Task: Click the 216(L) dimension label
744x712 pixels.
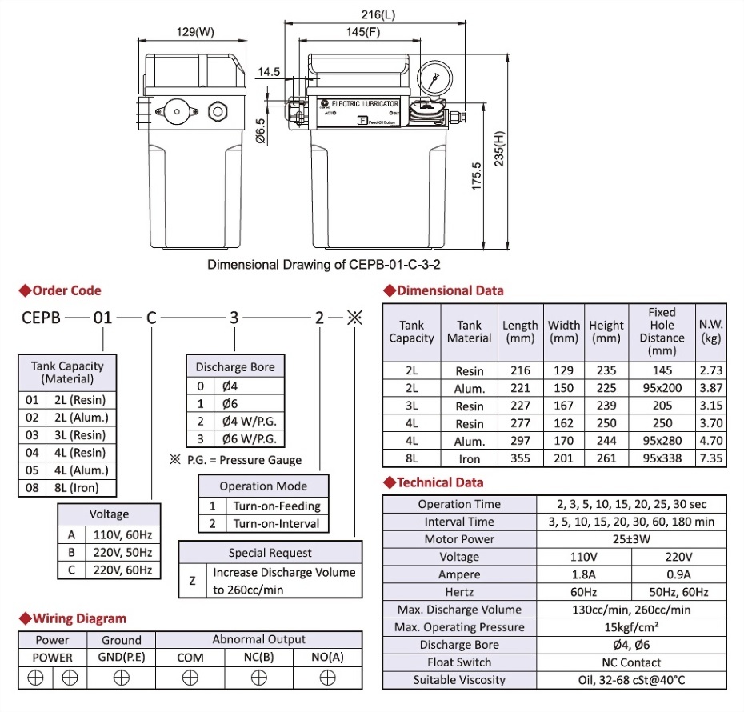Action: [378, 14]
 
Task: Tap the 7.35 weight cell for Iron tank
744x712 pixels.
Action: [710, 458]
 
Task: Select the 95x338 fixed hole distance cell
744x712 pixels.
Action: [662, 458]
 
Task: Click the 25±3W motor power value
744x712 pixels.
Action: [631, 539]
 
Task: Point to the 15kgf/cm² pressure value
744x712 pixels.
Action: [631, 627]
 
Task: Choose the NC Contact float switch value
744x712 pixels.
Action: [631, 662]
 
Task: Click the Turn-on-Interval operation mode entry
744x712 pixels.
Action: [276, 524]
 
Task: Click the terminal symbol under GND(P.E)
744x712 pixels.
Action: [121, 677]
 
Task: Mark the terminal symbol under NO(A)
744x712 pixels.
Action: [327, 677]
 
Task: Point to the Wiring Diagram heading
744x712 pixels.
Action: [78, 618]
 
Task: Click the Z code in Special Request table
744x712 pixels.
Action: [192, 581]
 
